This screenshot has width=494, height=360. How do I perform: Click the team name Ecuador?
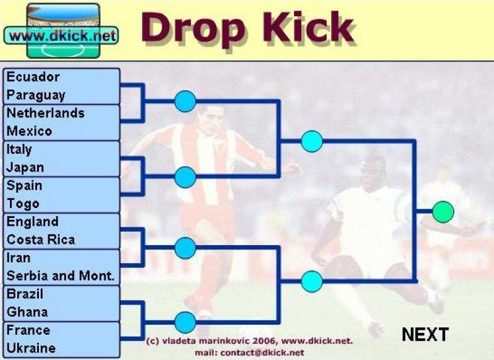(x=33, y=77)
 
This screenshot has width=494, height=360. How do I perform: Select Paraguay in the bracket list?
(x=36, y=96)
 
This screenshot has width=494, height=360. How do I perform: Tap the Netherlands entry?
(x=45, y=113)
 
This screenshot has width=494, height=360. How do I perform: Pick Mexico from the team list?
(x=29, y=131)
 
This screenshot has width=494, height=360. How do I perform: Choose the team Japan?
(x=25, y=167)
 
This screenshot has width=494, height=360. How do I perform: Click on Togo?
(x=23, y=204)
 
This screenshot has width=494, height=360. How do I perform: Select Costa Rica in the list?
(x=41, y=240)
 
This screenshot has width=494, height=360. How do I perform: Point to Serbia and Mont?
(x=61, y=276)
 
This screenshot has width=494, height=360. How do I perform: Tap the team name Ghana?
(x=27, y=312)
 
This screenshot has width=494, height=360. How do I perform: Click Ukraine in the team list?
(x=31, y=348)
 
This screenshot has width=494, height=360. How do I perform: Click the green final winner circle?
(x=443, y=212)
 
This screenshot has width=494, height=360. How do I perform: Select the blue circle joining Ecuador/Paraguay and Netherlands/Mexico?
(x=185, y=101)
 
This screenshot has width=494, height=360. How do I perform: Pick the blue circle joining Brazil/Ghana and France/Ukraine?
(x=185, y=322)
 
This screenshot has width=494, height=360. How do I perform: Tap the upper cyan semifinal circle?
(x=312, y=141)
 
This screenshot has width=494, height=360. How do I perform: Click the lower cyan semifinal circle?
(x=312, y=282)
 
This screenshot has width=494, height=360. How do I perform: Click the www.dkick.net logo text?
(x=62, y=36)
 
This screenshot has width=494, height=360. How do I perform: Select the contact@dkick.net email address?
(x=262, y=353)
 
